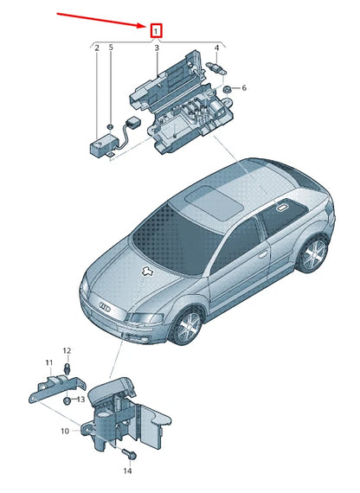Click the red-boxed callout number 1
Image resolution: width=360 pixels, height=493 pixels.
click(x=156, y=31)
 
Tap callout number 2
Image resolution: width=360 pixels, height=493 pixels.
click(x=97, y=48)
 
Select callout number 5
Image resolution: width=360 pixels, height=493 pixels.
click(x=111, y=48)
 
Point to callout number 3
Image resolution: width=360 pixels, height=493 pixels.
click(x=157, y=48)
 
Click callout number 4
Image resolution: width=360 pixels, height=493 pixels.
click(x=216, y=48)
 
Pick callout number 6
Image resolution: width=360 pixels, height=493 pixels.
click(x=244, y=87)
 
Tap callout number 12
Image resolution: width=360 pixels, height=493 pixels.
click(x=67, y=350)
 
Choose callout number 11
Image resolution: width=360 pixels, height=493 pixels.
click(x=48, y=363)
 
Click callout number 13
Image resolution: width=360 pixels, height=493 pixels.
click(x=80, y=400)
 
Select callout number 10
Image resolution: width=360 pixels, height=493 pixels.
click(x=65, y=431)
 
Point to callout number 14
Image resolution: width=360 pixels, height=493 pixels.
click(x=127, y=471)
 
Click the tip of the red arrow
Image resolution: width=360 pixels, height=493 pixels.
click(x=145, y=27)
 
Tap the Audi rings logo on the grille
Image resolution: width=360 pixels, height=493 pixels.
click(x=105, y=306)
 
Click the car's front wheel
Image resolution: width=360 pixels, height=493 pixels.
click(x=188, y=328)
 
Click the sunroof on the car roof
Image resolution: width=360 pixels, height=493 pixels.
click(x=214, y=202)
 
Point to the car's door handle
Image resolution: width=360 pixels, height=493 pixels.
click(x=263, y=254)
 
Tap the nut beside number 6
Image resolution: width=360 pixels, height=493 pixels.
click(x=226, y=89)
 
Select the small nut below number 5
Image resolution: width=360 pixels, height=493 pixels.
click(x=110, y=126)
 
